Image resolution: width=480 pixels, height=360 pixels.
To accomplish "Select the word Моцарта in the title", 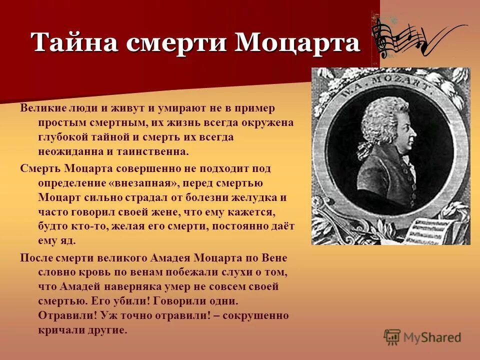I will [x=297, y=42].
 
